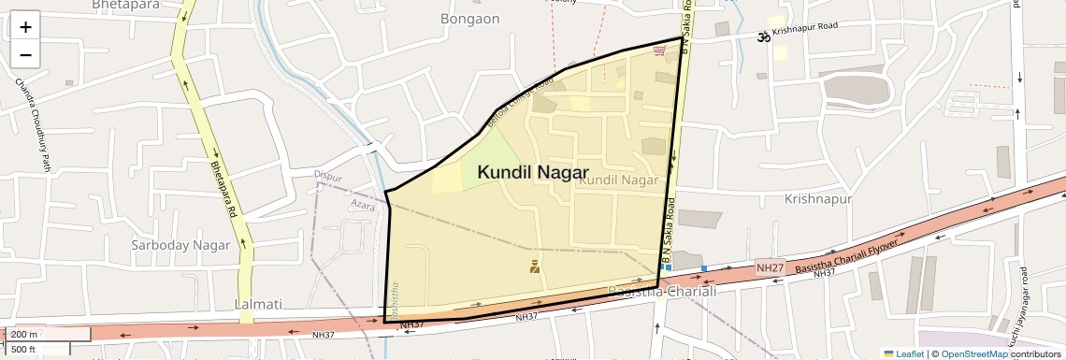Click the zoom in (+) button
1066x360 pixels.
click(x=25, y=26)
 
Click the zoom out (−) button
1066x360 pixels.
click(x=25, y=54)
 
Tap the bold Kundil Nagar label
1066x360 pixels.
click(x=532, y=172)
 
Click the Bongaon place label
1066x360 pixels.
click(x=469, y=19)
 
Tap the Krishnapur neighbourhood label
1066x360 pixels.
click(x=818, y=199)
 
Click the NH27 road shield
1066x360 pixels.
click(x=770, y=268)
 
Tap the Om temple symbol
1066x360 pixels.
click(x=763, y=36)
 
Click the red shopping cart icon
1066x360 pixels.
click(x=660, y=50)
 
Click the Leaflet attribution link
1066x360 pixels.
click(x=904, y=353)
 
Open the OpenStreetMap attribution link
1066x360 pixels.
click(x=974, y=353)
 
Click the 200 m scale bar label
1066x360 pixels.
click(x=24, y=335)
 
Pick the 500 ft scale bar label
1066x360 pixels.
click(x=24, y=349)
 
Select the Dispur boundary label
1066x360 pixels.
click(x=328, y=176)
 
